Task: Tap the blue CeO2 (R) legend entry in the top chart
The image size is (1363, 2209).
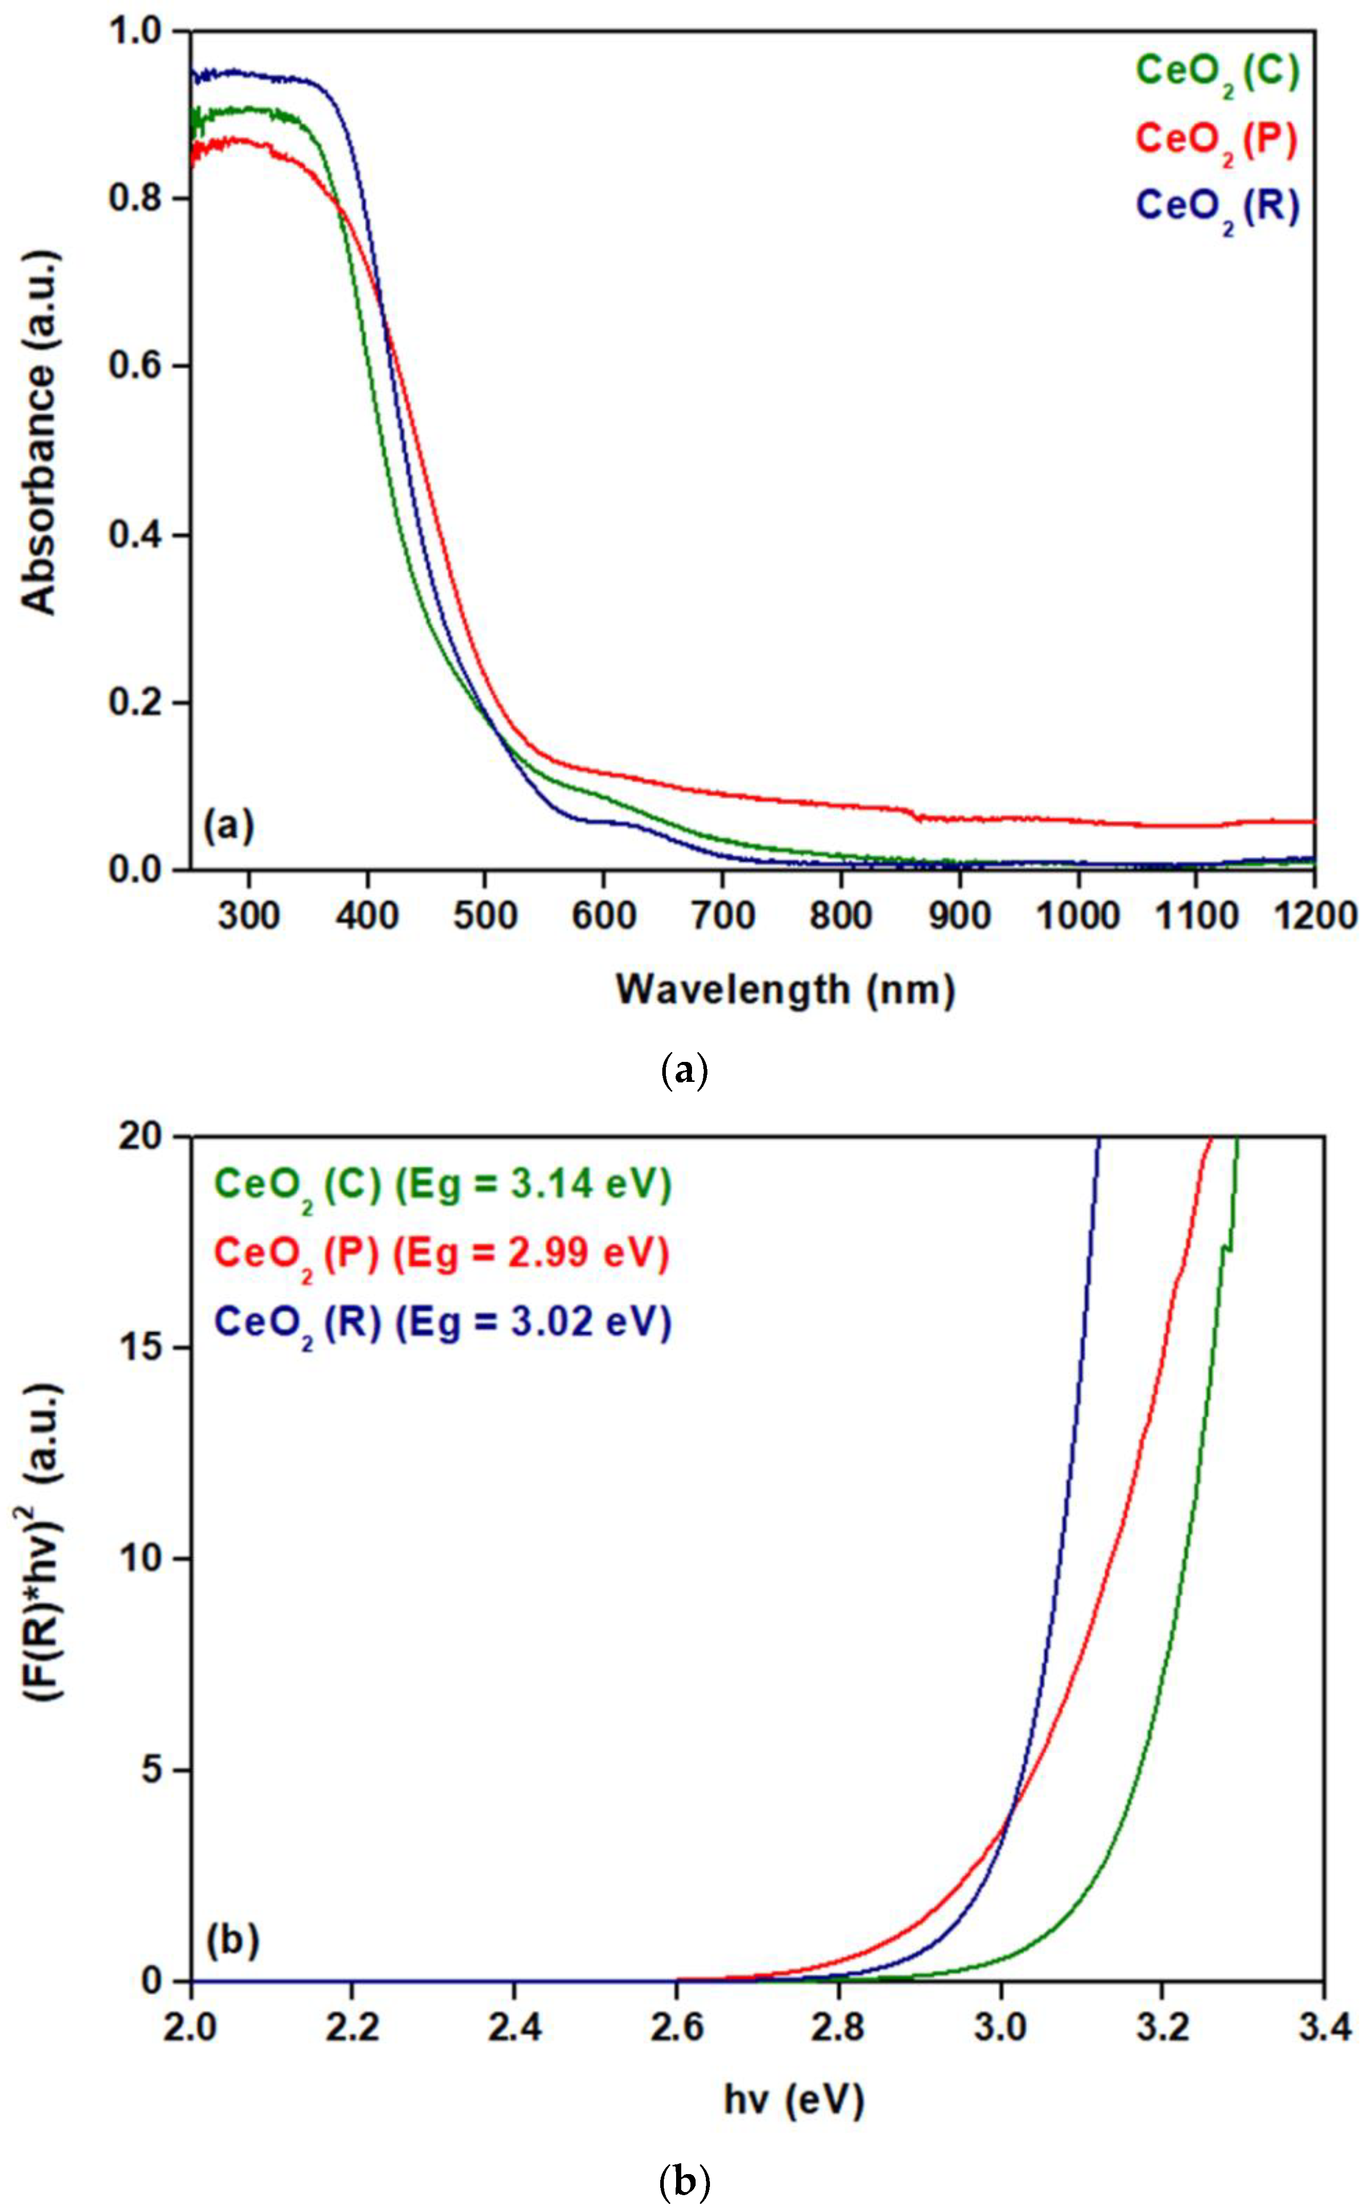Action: tap(1217, 207)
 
